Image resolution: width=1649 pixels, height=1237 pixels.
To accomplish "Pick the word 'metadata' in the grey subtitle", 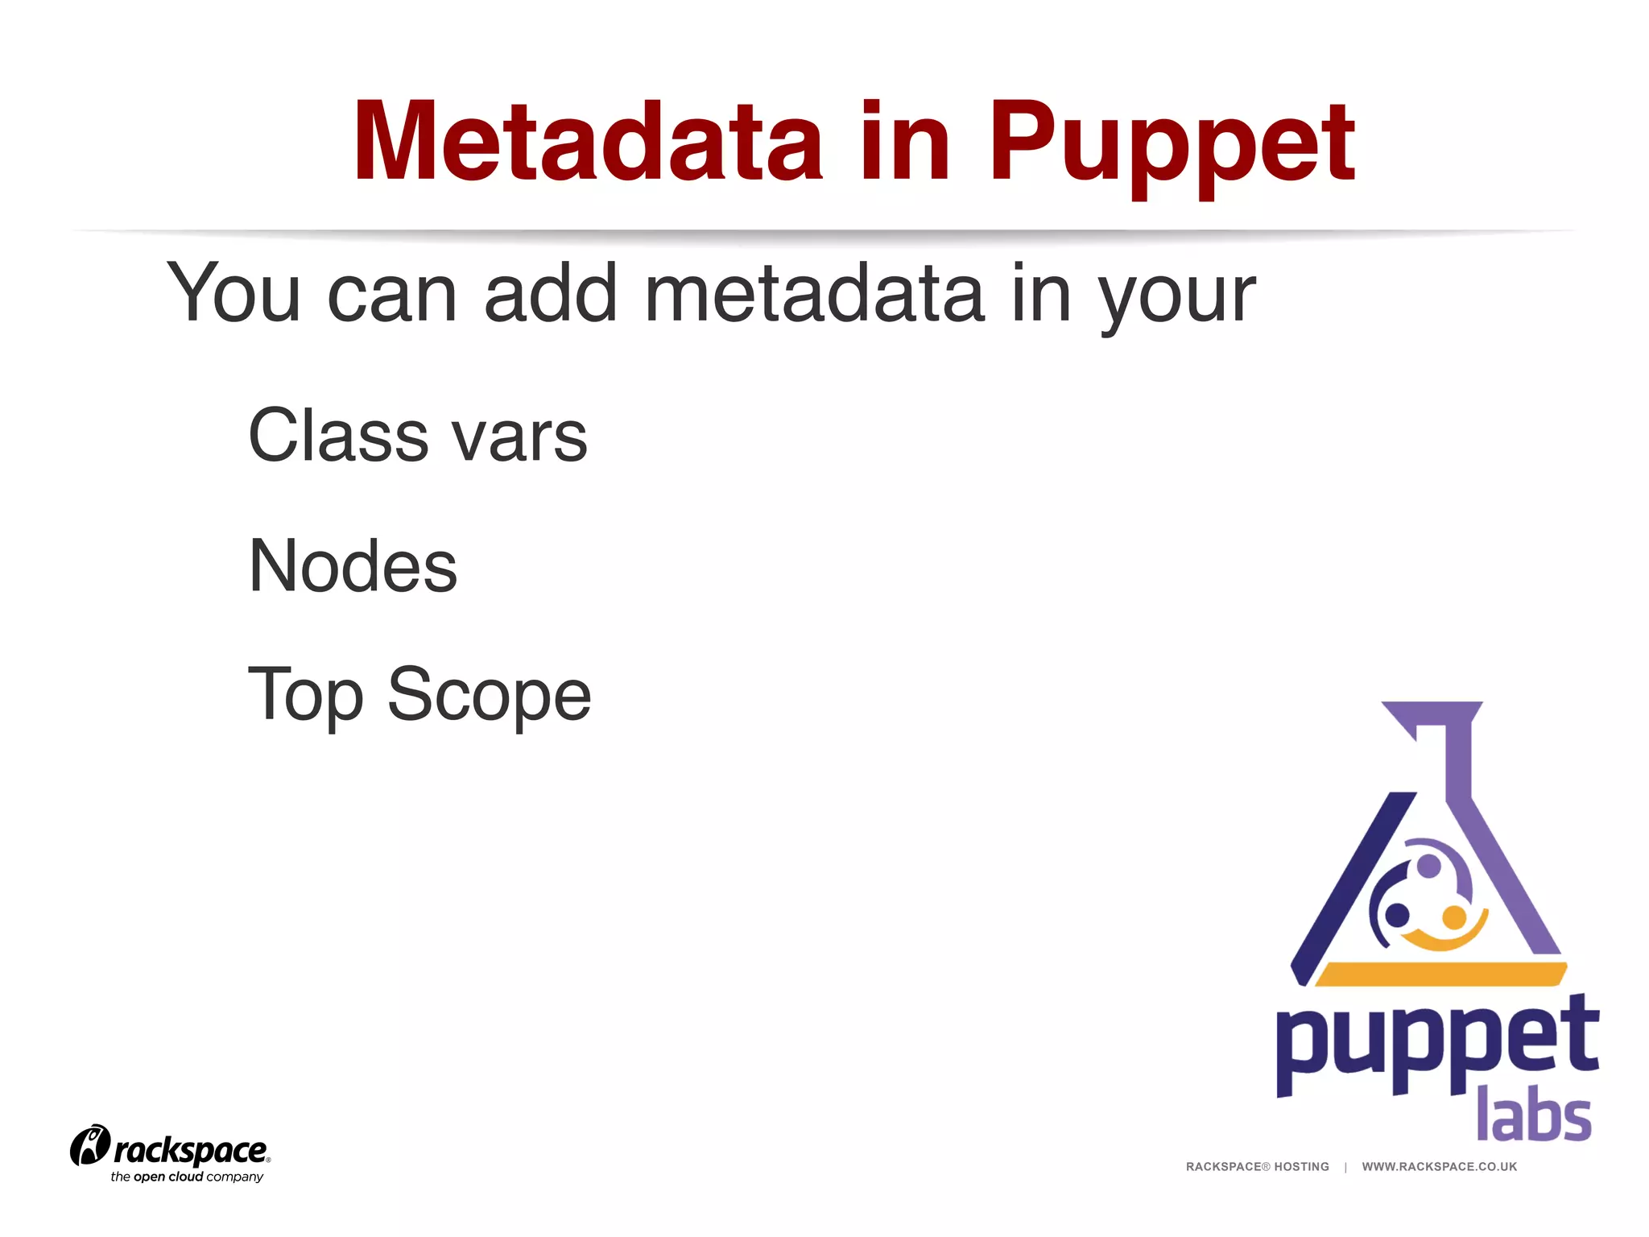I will pos(814,294).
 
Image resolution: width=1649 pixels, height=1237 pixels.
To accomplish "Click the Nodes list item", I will pos(353,566).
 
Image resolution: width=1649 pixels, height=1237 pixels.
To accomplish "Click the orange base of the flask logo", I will pos(1440,974).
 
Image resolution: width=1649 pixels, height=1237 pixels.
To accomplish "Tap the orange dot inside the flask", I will pos(1453,917).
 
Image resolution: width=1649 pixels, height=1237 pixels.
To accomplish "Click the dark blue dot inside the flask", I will pos(1397,915).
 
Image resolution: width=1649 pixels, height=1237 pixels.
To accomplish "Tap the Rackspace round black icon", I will pos(89,1145).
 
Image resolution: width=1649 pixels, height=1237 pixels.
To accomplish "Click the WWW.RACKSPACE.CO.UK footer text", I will pos(1439,1166).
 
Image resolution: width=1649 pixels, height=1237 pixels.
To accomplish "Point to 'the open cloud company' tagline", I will pos(187,1177).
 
